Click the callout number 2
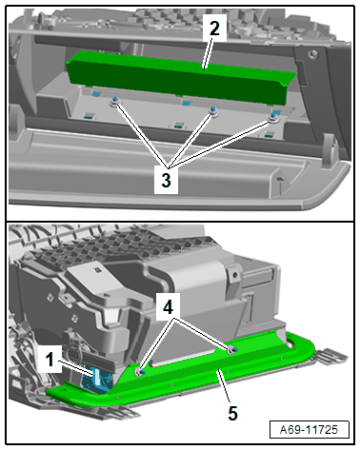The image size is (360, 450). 214,29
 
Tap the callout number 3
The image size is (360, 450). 166,180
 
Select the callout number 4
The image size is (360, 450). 168,307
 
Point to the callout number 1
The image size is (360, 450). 50,360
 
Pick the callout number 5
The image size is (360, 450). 232,413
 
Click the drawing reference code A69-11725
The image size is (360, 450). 309,429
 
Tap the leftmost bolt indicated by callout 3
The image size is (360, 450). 115,102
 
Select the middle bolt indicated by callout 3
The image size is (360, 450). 213,110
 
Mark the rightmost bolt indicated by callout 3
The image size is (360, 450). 273,119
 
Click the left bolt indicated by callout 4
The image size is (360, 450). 140,372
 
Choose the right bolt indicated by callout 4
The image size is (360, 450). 231,349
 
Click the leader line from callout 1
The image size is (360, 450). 77,368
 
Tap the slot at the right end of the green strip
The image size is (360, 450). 290,342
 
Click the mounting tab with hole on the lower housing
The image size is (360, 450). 234,276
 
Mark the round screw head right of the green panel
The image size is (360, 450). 313,54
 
